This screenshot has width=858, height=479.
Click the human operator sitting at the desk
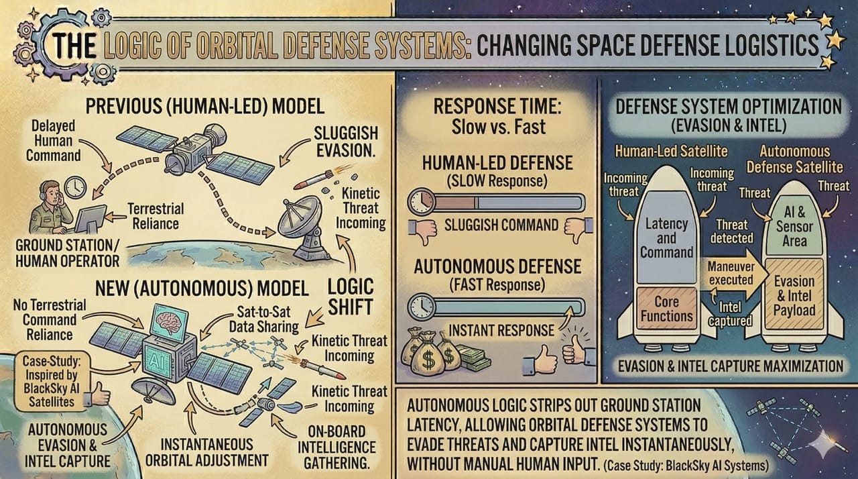tap(50, 205)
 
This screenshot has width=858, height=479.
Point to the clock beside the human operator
tap(75, 187)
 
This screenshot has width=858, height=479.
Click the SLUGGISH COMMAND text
tap(501, 225)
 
